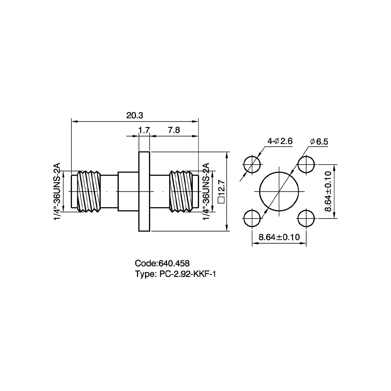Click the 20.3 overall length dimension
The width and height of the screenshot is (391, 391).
click(x=135, y=115)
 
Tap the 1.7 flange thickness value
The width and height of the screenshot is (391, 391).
click(x=144, y=130)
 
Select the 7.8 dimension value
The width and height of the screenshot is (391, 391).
click(x=174, y=130)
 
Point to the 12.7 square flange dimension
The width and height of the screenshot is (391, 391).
click(x=221, y=192)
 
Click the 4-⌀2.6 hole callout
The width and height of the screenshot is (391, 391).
click(x=280, y=142)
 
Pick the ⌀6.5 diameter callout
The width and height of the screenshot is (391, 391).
click(x=319, y=142)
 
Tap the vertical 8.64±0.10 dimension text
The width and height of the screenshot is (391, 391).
click(x=328, y=191)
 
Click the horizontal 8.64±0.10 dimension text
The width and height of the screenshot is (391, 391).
click(x=279, y=237)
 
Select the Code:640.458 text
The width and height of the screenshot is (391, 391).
click(x=162, y=263)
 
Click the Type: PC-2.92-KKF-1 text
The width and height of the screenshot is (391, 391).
click(x=175, y=274)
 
